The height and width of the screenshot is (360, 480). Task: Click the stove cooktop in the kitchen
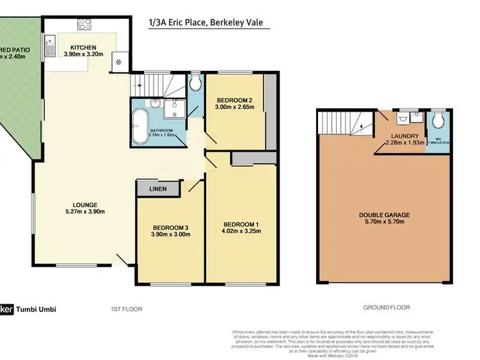tap(84, 24)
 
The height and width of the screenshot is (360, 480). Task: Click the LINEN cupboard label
tap(158, 189)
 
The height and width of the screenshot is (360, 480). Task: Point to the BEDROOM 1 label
tap(241, 224)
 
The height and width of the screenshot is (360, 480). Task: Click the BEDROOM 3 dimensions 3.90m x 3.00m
tap(170, 235)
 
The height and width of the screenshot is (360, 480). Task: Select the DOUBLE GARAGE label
tap(384, 215)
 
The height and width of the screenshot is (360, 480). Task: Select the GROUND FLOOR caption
tap(386, 308)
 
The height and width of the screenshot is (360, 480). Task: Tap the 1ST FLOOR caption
tap(125, 309)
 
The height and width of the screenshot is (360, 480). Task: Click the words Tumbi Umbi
tap(36, 309)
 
